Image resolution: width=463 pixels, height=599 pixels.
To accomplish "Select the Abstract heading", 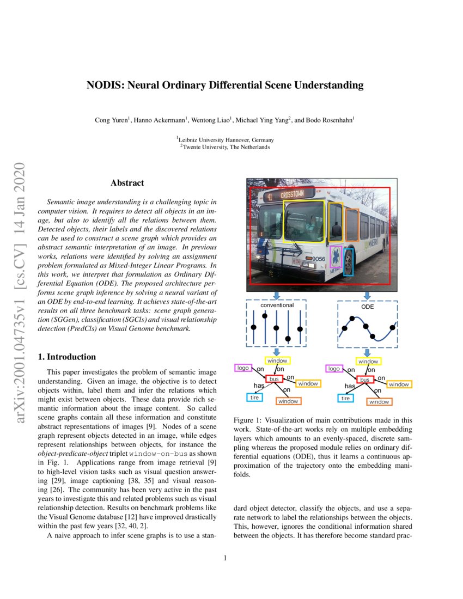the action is point(127,183).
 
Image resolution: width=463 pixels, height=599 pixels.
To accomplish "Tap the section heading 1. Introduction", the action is point(66,357).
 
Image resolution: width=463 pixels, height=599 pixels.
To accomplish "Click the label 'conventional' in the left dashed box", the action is point(277,305).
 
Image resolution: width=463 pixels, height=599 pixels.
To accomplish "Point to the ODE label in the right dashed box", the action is point(367,306).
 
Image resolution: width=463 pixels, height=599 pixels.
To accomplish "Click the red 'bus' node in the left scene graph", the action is point(275,378).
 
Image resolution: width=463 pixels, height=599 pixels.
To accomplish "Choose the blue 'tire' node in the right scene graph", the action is point(345,398).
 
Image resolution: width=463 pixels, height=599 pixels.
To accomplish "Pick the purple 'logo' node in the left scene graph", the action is point(243,368).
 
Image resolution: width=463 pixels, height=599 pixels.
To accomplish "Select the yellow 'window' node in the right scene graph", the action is point(368,361).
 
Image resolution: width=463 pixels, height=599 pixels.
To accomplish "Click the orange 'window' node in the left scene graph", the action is point(288,401).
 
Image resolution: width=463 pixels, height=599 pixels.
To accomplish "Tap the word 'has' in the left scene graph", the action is point(259,386).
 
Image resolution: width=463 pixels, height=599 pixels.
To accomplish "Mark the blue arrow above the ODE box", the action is point(367,295).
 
